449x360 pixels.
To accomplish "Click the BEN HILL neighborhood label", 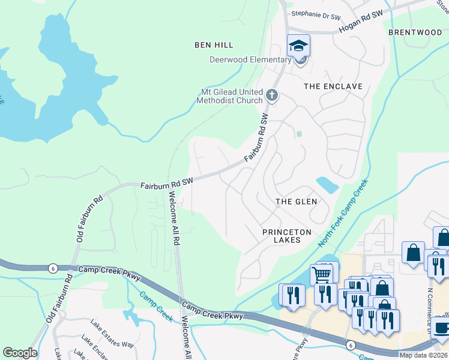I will tap(214, 45).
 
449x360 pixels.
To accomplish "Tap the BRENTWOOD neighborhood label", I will tap(415, 32).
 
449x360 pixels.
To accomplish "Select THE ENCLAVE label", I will tap(333, 86).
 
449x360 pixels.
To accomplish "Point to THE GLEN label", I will tap(296, 202).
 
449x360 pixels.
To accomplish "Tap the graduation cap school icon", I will tap(298, 45).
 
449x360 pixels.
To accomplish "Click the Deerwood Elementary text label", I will tap(250, 59).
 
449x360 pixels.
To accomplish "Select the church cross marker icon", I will tap(272, 95).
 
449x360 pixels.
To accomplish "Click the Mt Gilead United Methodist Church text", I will tap(231, 96).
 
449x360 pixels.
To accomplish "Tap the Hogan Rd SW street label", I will tap(361, 22).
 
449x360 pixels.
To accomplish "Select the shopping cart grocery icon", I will tap(323, 274).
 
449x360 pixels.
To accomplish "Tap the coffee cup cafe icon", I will tap(442, 328).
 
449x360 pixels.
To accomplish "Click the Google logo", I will tap(20, 353).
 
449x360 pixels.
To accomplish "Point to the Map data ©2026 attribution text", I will tap(423, 355).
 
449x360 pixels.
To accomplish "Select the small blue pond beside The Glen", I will tap(326, 185).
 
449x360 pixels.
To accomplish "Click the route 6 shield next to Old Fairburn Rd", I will tap(53, 268).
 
